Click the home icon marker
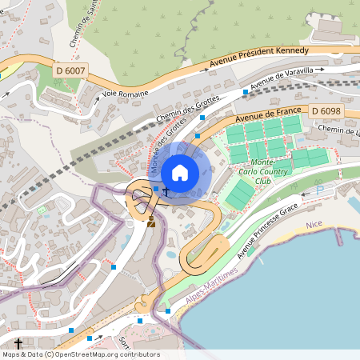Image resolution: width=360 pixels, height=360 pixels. click(180, 173)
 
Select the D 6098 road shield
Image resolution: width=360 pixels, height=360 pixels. click(326, 110)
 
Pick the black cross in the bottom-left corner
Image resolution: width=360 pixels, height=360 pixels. click(18, 343)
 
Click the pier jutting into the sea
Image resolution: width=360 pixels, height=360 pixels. click(338, 237)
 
